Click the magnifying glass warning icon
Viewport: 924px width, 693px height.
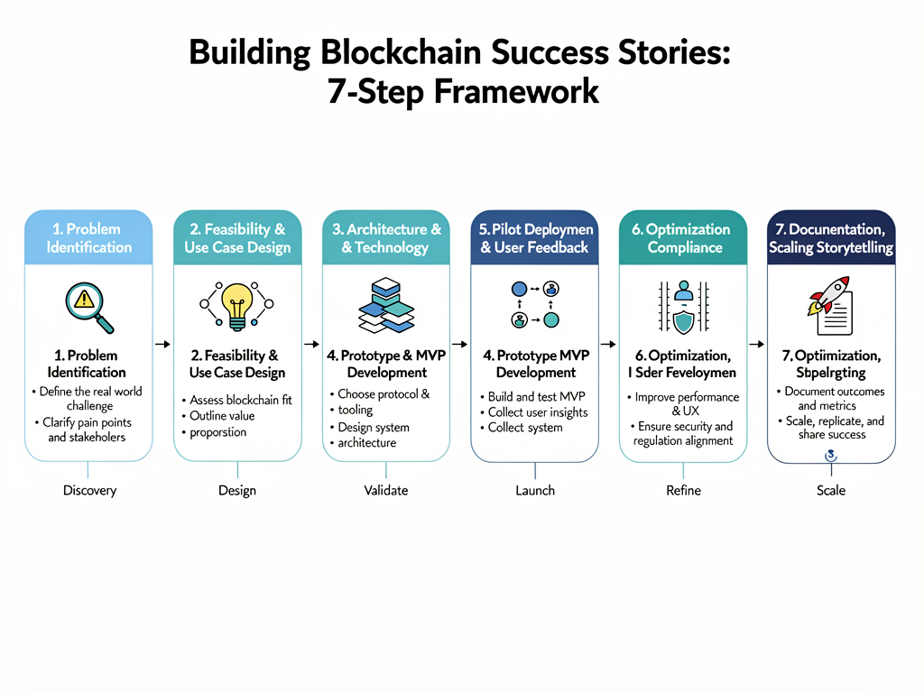pos(88,305)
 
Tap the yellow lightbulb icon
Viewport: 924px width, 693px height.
pos(237,305)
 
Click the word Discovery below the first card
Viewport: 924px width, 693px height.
pos(89,491)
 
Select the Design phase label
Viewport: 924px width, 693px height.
pos(237,491)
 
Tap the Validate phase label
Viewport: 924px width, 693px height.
pos(386,491)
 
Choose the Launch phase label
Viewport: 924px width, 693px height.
pos(535,491)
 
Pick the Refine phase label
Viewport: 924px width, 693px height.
pos(683,491)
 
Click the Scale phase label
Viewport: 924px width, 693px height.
pos(831,491)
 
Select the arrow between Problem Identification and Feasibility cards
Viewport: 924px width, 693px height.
pos(162,344)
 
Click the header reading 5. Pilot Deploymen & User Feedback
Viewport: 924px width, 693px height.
pos(534,238)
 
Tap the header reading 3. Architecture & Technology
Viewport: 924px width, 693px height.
pos(386,238)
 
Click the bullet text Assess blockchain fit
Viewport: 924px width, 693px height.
pos(240,400)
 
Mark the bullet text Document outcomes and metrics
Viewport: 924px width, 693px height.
pos(833,399)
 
